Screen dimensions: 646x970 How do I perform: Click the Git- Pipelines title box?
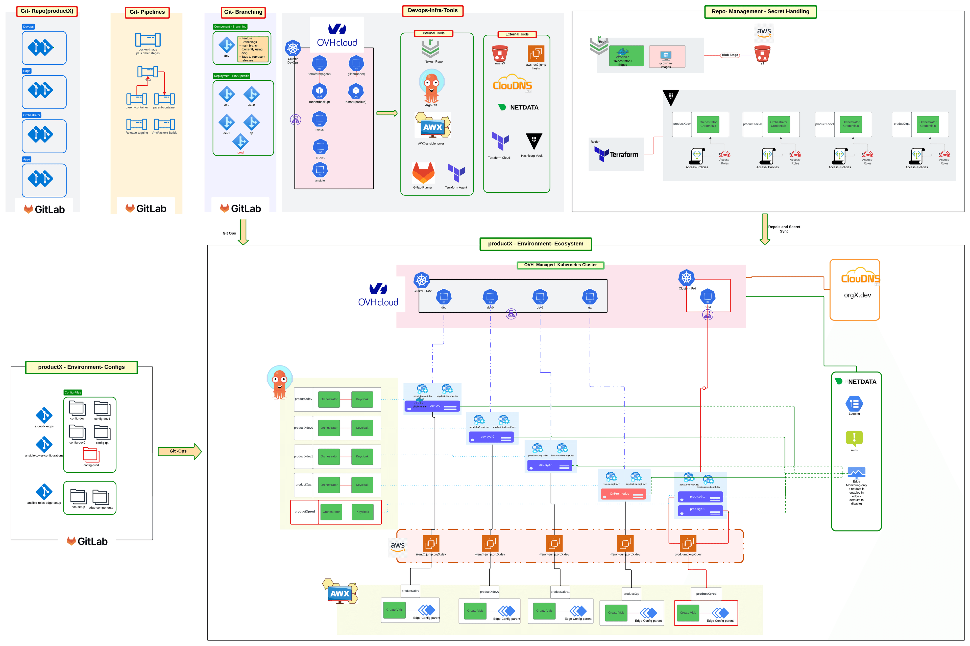click(147, 12)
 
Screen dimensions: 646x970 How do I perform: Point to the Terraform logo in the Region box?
click(616, 154)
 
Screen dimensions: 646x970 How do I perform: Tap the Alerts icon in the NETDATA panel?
click(854, 438)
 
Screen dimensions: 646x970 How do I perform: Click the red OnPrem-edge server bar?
click(622, 494)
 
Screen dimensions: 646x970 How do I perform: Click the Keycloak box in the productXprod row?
click(362, 512)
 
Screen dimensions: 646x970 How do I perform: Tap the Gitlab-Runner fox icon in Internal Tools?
click(423, 173)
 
